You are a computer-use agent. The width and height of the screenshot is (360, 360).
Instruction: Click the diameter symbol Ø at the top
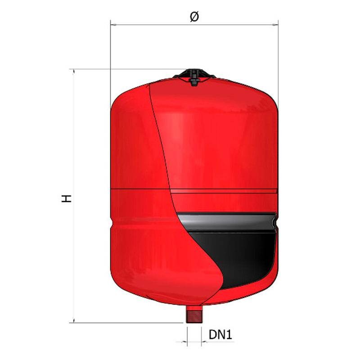pos(194,17)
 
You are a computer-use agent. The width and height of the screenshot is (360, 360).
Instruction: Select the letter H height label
pos(66,198)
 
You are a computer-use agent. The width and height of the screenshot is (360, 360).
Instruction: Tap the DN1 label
pos(220,334)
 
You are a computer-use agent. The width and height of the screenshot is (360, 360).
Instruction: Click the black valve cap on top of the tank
pos(194,76)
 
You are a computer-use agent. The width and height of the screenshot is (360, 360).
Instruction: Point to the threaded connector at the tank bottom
pos(194,314)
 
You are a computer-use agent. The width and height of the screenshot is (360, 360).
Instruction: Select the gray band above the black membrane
pos(227,221)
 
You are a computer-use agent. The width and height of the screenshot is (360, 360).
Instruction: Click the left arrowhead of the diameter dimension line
pos(113,24)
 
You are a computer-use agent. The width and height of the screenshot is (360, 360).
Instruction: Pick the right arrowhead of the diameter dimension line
pos(275,24)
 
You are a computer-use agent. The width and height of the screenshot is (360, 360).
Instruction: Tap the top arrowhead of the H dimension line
pos(74,72)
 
